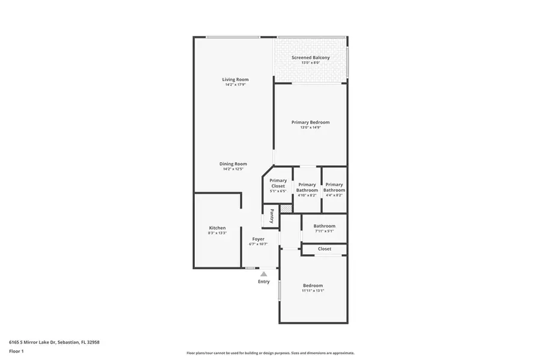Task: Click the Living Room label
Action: [235, 79]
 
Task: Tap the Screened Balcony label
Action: [311, 58]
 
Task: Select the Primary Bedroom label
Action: [311, 123]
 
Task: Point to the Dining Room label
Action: [233, 164]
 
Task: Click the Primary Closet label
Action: [278, 183]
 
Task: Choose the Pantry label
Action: [272, 215]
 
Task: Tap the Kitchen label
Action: [217, 228]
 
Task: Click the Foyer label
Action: [258, 239]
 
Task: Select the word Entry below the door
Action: [264, 282]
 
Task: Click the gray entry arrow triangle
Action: [263, 274]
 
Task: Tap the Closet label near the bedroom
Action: [324, 249]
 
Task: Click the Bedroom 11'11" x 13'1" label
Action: [313, 285]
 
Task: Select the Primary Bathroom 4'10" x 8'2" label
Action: [307, 188]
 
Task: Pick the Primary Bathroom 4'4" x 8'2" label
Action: [334, 188]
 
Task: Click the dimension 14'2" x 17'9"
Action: [235, 85]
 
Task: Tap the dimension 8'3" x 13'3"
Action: [217, 234]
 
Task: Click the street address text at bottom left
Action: [53, 342]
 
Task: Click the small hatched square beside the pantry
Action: [287, 209]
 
